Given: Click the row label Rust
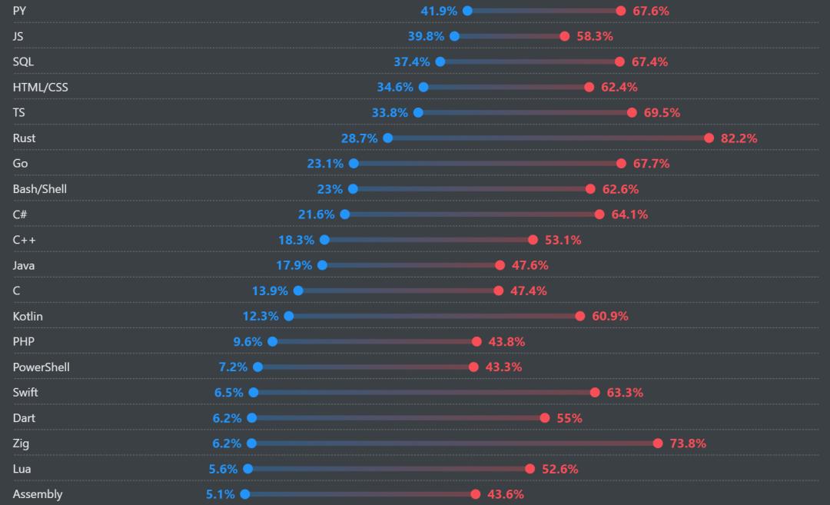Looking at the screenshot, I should coord(24,138).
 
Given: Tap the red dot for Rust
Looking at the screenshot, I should coord(709,138).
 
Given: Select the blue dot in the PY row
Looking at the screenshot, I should coord(467,11).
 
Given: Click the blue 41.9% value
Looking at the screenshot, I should coord(439,11).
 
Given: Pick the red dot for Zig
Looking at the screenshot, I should coord(658,444).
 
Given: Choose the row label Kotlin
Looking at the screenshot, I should coord(28,317).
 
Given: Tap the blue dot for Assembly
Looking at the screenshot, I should coord(244,494).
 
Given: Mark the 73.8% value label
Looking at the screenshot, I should coord(688,444).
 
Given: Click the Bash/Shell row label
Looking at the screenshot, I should coord(40,189).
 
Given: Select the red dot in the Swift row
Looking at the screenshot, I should coord(595,393).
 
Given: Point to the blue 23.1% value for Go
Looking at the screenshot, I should coord(325,164).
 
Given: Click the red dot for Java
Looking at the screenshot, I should coord(500,265).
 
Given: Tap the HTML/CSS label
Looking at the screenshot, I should coord(41,88).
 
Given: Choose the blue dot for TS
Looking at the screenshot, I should coord(418,113).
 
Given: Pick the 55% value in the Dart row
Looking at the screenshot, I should coord(569,418).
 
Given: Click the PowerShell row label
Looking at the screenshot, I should coord(41,367).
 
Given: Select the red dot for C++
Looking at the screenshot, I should coord(533,240).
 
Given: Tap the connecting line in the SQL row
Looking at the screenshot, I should coord(530,61).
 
